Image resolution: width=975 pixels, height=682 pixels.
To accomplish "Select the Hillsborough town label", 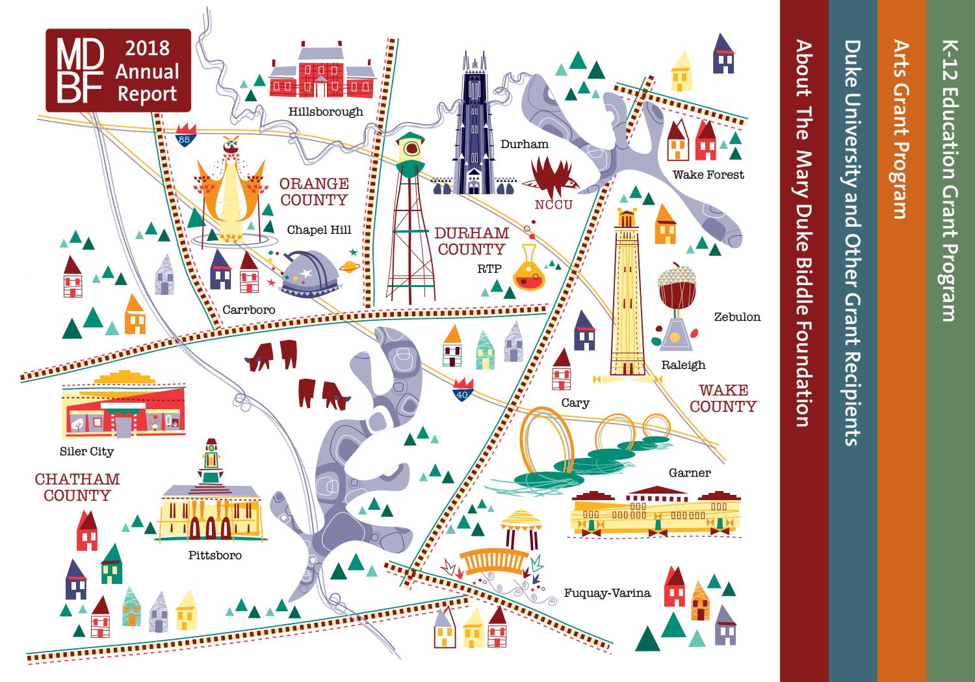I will [x=326, y=112].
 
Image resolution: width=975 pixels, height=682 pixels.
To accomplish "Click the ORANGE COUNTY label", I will [x=314, y=192].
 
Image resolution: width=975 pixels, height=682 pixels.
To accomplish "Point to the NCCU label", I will [x=553, y=205].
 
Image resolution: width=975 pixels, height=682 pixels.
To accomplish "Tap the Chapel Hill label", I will [x=318, y=230].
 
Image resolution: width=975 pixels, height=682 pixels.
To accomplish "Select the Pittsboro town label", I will [x=214, y=555].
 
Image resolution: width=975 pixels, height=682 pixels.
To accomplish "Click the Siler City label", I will [x=86, y=451].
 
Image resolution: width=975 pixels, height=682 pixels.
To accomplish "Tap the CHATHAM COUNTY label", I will [x=77, y=487].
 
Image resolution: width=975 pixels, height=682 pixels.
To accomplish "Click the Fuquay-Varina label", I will [x=607, y=592].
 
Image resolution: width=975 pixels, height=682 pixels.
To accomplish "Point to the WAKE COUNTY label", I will [x=723, y=399].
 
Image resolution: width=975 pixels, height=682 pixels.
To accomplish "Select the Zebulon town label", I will [x=737, y=317].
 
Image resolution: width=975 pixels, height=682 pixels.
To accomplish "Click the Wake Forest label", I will [x=708, y=174].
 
